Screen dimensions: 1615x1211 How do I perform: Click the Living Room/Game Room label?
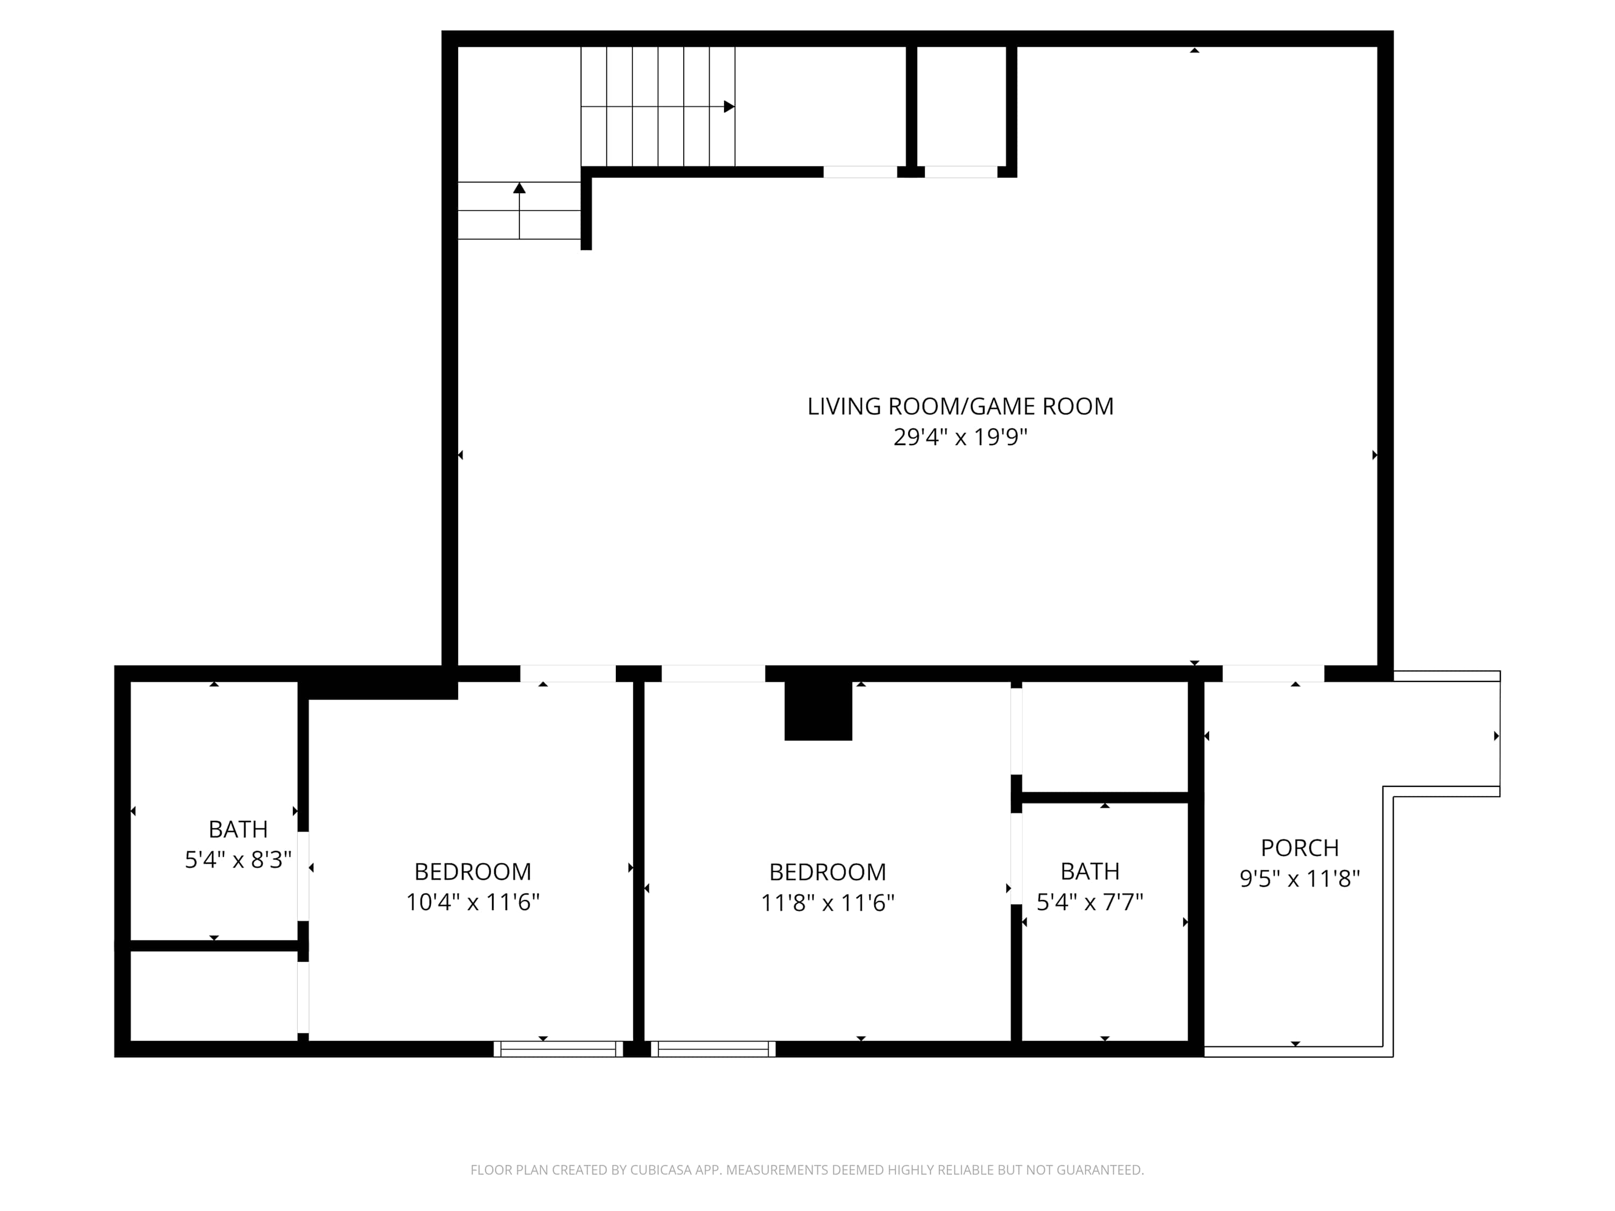click(960, 406)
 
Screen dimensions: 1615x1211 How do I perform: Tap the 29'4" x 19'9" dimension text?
click(960, 437)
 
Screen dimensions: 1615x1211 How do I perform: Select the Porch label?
click(1300, 848)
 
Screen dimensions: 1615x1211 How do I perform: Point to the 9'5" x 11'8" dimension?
click(1300, 878)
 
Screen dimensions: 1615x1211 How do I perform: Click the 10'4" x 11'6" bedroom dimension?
click(472, 902)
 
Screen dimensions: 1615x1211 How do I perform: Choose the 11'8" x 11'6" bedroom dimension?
click(827, 903)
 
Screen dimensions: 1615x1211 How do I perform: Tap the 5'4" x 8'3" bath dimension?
click(238, 860)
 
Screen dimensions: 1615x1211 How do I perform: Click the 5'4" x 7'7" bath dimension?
click(1090, 902)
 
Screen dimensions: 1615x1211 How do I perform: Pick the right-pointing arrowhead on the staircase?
click(729, 107)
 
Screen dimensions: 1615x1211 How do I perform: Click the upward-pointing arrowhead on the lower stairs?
click(519, 188)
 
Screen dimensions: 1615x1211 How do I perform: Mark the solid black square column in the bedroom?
click(818, 710)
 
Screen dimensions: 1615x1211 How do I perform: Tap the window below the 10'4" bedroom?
click(559, 1049)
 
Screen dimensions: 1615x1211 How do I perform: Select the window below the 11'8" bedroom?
click(713, 1049)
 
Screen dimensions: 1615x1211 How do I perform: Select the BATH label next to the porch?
click(1090, 871)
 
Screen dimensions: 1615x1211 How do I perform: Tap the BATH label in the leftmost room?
click(238, 829)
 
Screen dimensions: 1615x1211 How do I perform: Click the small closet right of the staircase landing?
click(961, 107)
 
